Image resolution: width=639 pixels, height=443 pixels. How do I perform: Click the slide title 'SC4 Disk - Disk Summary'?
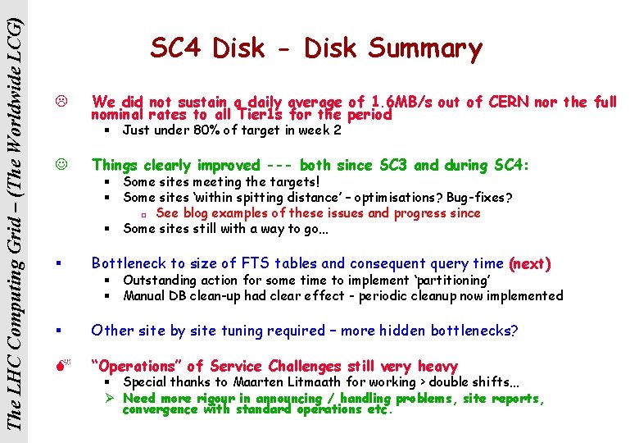[x=316, y=48]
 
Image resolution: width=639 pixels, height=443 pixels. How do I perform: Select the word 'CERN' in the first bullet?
[x=510, y=103]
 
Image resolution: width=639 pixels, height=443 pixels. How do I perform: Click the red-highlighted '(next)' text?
[x=529, y=263]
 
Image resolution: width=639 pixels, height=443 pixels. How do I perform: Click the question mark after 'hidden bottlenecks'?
[x=514, y=331]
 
